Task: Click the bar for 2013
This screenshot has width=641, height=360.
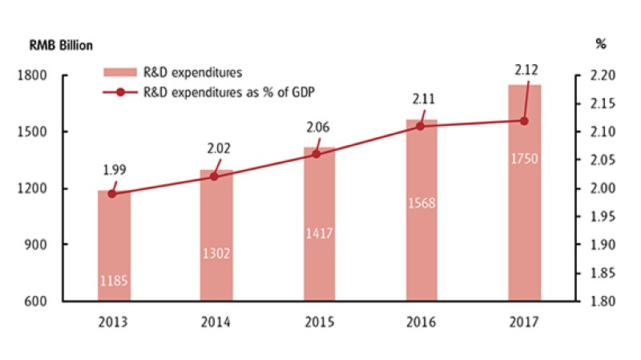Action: click(114, 245)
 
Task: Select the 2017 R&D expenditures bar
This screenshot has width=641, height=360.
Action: click(524, 192)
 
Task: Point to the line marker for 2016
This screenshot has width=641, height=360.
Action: click(421, 126)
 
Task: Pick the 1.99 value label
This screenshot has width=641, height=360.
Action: click(114, 170)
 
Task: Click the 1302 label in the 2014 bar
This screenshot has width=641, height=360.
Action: click(216, 253)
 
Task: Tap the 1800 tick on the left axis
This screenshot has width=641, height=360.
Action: click(50, 76)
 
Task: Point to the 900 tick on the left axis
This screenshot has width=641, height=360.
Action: click(54, 245)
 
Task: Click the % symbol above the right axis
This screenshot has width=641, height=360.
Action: click(601, 44)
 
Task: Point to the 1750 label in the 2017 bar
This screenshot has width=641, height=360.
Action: click(524, 159)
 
